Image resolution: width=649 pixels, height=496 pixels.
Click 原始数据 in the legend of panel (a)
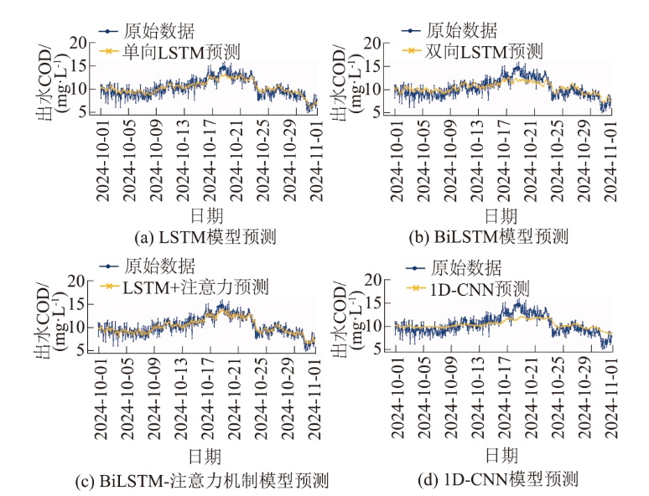click(x=158, y=33)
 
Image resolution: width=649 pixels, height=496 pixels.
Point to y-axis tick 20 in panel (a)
click(x=80, y=43)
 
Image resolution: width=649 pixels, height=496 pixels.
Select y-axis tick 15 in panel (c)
click(x=80, y=304)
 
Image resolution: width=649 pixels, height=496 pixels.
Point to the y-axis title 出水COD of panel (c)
click(x=41, y=318)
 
